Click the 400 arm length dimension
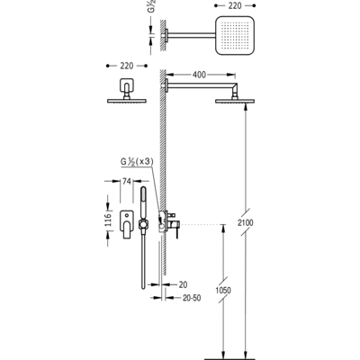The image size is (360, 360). [199, 75]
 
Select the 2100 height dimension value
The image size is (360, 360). [246, 222]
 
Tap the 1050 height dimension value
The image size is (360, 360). [223, 290]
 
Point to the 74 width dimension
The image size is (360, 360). [127, 181]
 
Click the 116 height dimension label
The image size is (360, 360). [108, 220]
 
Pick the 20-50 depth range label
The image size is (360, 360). [192, 298]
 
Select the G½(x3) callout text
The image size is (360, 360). [137, 162]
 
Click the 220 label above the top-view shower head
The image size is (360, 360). [235, 5]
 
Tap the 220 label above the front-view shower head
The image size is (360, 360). [127, 66]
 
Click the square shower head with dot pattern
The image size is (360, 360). [235, 36]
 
